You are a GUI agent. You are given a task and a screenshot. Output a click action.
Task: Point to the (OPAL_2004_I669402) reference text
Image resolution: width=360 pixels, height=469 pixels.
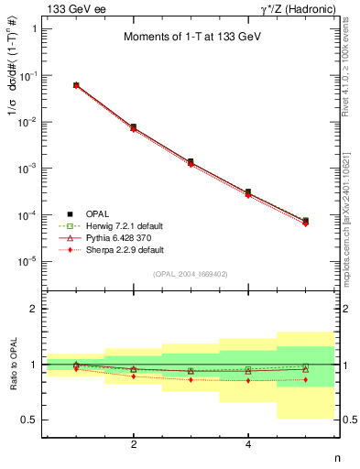coord(191,273)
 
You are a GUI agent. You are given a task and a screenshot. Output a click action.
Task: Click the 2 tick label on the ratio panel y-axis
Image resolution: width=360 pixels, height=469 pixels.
coord(34,309)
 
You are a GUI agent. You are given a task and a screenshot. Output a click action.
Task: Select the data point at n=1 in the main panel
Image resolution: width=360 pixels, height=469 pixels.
coord(76,85)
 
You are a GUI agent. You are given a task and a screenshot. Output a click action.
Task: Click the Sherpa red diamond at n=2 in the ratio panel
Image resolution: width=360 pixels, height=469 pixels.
coord(134,376)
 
